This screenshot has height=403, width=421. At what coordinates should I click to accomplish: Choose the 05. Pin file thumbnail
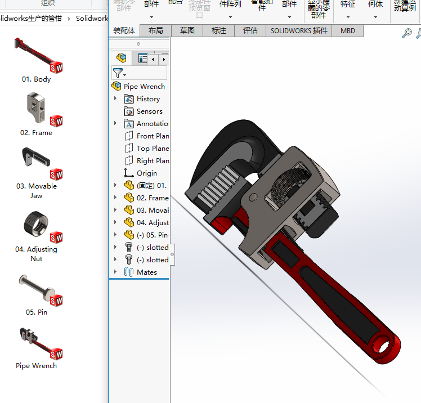[x=37, y=288]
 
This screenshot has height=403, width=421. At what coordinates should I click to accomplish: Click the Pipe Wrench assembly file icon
[x=37, y=342]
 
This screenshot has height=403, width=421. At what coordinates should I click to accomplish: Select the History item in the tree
[x=147, y=99]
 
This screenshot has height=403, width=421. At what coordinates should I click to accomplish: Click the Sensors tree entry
[x=149, y=111]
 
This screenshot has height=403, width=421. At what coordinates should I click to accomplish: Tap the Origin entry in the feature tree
[x=146, y=173]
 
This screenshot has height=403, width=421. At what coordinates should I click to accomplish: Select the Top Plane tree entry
[x=152, y=149]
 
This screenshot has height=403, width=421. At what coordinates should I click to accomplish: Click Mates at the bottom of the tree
[x=146, y=272]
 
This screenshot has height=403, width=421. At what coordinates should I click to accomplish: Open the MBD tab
[x=348, y=31]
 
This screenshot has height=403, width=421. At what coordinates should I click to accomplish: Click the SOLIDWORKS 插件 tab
[x=299, y=31]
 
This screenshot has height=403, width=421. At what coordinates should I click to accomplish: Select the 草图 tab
[x=187, y=31]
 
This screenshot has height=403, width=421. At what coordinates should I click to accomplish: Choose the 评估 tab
[x=250, y=31]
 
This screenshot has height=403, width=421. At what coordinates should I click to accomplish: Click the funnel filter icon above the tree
[x=118, y=73]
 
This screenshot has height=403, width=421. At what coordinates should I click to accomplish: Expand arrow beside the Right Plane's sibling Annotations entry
[x=115, y=124]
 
